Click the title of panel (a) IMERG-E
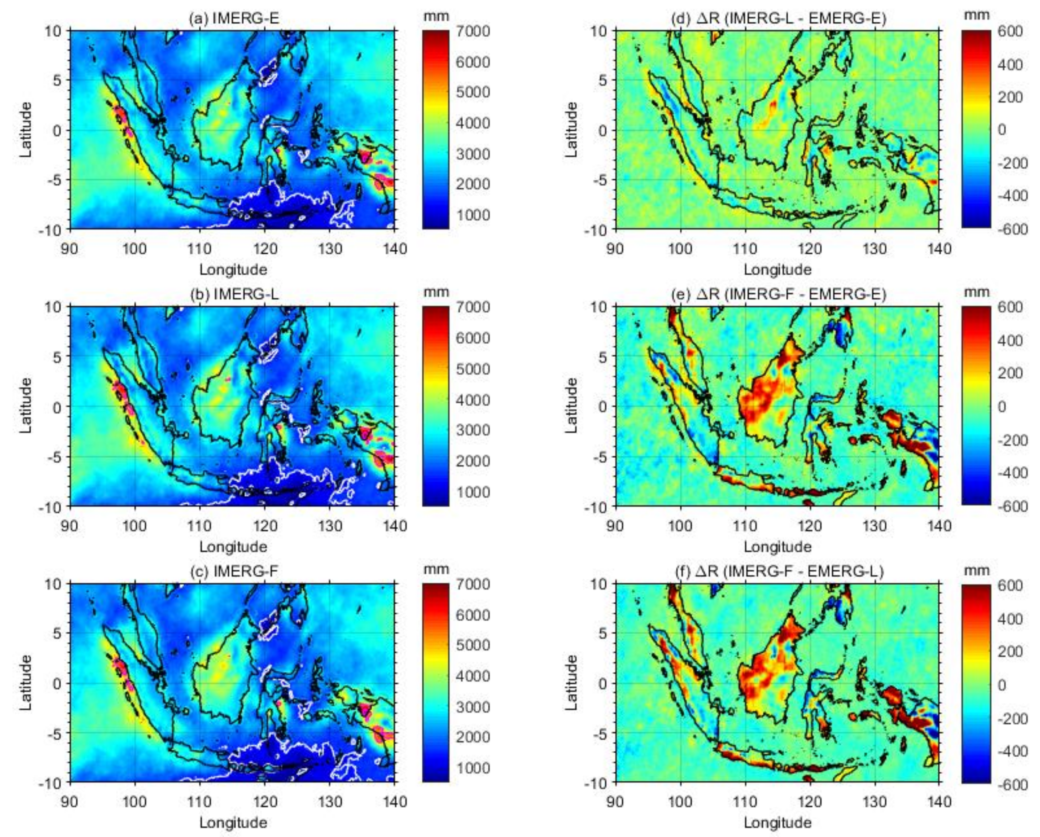coord(233,19)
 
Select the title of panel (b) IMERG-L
coord(233,294)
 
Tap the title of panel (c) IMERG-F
coord(233,571)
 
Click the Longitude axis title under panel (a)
coord(233,269)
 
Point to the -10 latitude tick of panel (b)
coord(53,506)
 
